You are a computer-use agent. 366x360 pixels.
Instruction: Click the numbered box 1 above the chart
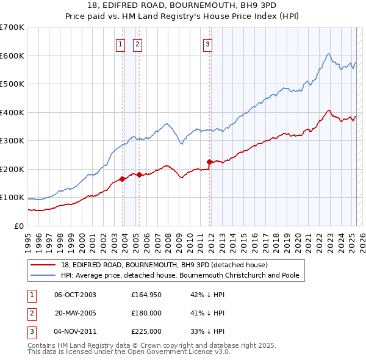[x=120, y=44]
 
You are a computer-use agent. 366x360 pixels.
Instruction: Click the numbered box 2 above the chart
[x=137, y=44]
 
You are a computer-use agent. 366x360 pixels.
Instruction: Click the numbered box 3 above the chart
[x=207, y=44]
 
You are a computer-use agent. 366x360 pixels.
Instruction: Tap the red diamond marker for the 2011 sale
[x=210, y=162]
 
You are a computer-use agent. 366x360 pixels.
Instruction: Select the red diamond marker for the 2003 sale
[x=123, y=179]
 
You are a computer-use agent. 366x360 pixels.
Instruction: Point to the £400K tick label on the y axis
[x=12, y=112]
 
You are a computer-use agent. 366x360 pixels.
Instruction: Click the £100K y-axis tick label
[x=12, y=198]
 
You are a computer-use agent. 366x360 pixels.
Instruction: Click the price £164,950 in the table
[x=146, y=295]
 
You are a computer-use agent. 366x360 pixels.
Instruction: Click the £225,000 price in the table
[x=146, y=331]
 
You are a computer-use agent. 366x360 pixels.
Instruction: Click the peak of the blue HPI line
[x=328, y=54]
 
